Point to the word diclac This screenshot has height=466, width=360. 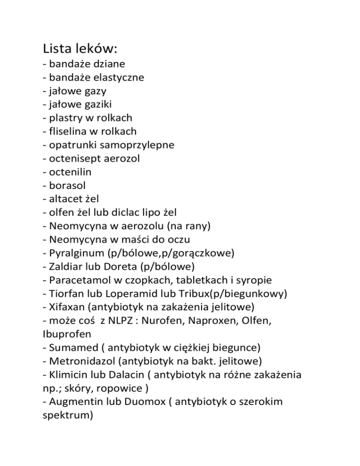(x=122, y=212)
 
